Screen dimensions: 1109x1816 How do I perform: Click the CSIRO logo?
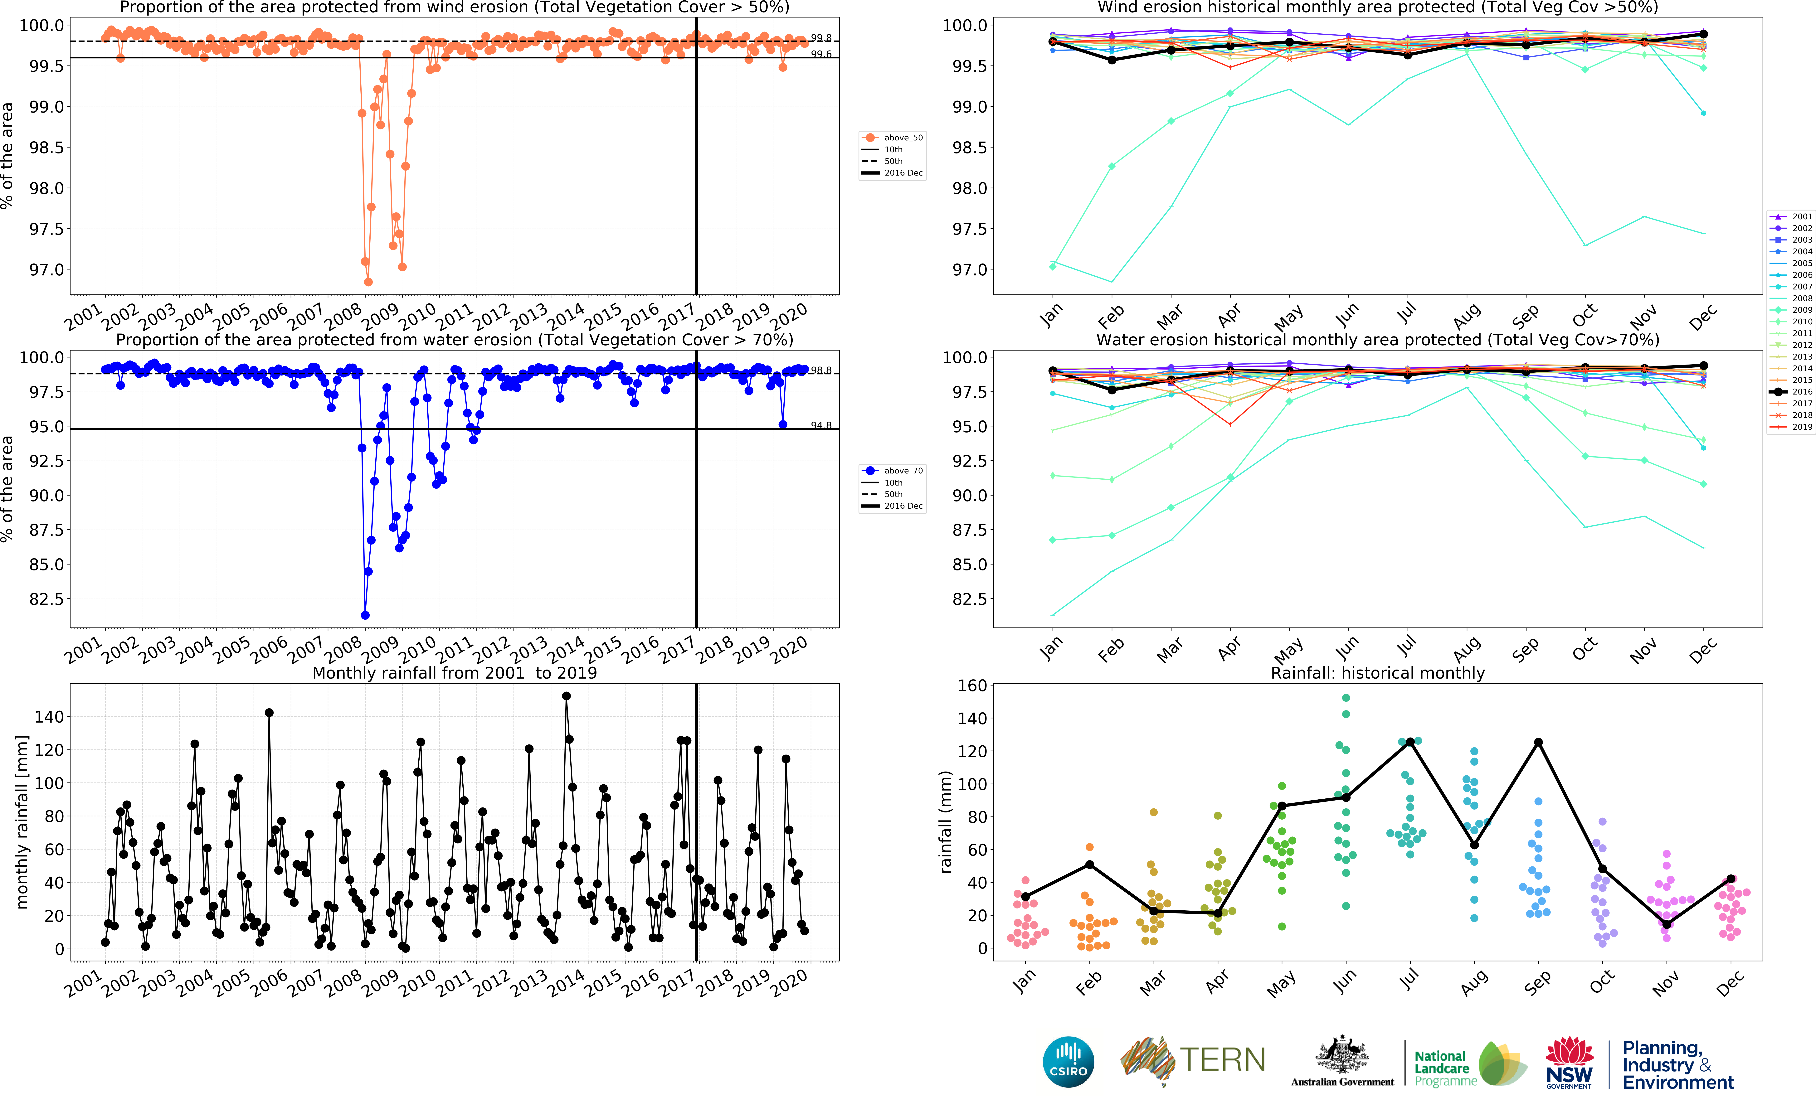[1068, 1062]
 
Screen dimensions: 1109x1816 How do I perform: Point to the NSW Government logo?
[1569, 1063]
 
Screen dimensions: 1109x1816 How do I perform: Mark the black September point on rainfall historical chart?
[1538, 742]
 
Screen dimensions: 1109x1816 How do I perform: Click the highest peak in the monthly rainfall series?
[566, 696]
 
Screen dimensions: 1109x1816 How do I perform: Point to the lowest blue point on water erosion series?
[365, 615]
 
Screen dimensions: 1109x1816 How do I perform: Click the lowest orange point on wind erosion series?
[368, 282]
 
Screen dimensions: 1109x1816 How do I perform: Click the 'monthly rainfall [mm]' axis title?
[22, 822]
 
